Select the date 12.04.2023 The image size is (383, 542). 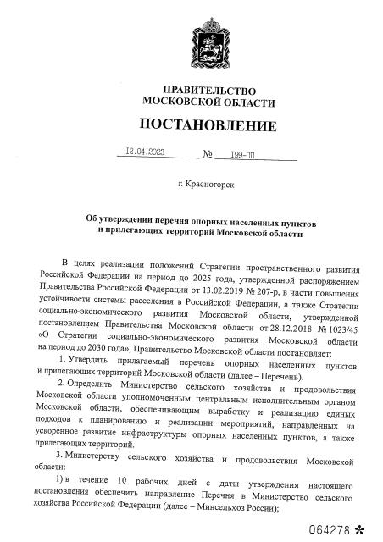(x=145, y=153)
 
